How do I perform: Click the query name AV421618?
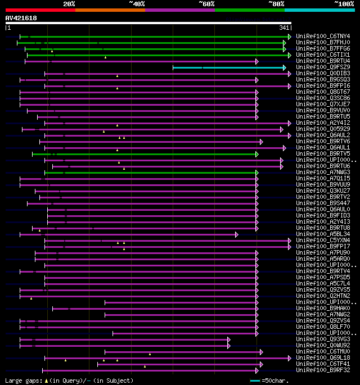click(x=21, y=18)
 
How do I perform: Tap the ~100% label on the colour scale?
click(x=343, y=4)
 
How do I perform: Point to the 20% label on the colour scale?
click(x=69, y=4)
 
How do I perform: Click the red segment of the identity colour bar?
click(x=40, y=10)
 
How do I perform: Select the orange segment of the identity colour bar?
click(x=110, y=10)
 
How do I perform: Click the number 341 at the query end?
click(x=283, y=28)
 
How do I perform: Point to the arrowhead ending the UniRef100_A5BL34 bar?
click(x=237, y=234)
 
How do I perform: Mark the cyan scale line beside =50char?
click(x=255, y=381)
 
